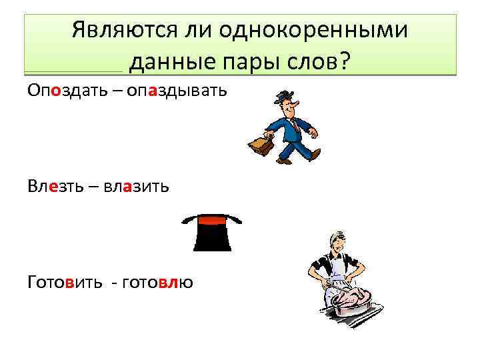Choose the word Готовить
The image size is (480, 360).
click(x=65, y=282)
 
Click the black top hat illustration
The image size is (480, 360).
click(x=211, y=233)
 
